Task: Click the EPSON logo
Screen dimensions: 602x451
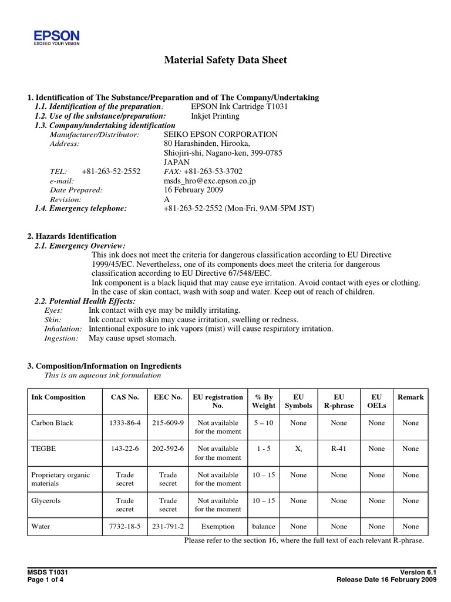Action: [x=56, y=38]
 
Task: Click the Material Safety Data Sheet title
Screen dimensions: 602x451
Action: [x=225, y=60]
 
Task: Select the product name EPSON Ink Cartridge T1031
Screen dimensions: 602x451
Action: [x=240, y=106]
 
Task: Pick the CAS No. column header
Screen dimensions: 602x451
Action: [x=124, y=397]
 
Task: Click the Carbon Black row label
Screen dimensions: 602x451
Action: [x=52, y=423]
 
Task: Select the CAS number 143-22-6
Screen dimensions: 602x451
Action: [x=124, y=449]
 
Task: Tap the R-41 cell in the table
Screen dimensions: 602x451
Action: [x=339, y=449]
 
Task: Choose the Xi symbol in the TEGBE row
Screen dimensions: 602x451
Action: [x=298, y=449]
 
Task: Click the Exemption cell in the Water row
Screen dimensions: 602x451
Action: [x=218, y=526]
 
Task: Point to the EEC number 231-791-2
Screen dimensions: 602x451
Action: [x=168, y=526]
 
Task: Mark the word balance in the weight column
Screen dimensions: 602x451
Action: [x=263, y=526]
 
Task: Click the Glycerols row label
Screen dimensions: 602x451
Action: [x=46, y=500]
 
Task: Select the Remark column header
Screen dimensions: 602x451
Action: [x=410, y=397]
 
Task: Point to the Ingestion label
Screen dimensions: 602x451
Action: [x=61, y=338]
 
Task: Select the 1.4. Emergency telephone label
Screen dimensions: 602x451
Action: [x=80, y=209]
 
